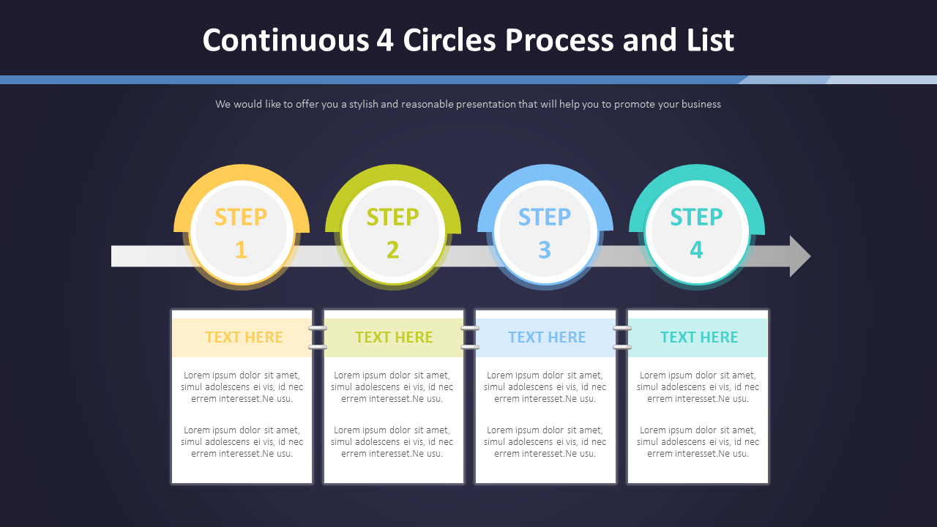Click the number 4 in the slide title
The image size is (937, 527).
pos(385,40)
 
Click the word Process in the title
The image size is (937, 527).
pos(559,40)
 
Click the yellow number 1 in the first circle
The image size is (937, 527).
pos(241,250)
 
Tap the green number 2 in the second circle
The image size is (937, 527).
pos(393,250)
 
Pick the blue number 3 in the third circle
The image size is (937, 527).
pos(544,250)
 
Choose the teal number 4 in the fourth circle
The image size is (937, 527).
pos(696,250)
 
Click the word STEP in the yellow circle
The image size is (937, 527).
pos(241,217)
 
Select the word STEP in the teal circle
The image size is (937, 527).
pos(696,217)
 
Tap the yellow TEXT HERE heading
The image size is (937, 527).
pos(244,337)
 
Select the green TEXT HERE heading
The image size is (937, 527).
pos(394,337)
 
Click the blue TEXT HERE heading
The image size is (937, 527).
pos(547,337)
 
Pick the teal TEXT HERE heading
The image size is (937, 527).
pos(699,337)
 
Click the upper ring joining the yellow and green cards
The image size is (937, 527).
pos(318,329)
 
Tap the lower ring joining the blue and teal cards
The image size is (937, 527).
pos(622,347)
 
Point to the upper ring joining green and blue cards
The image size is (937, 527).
pos(470,329)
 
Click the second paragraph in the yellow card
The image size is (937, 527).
pos(242,441)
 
